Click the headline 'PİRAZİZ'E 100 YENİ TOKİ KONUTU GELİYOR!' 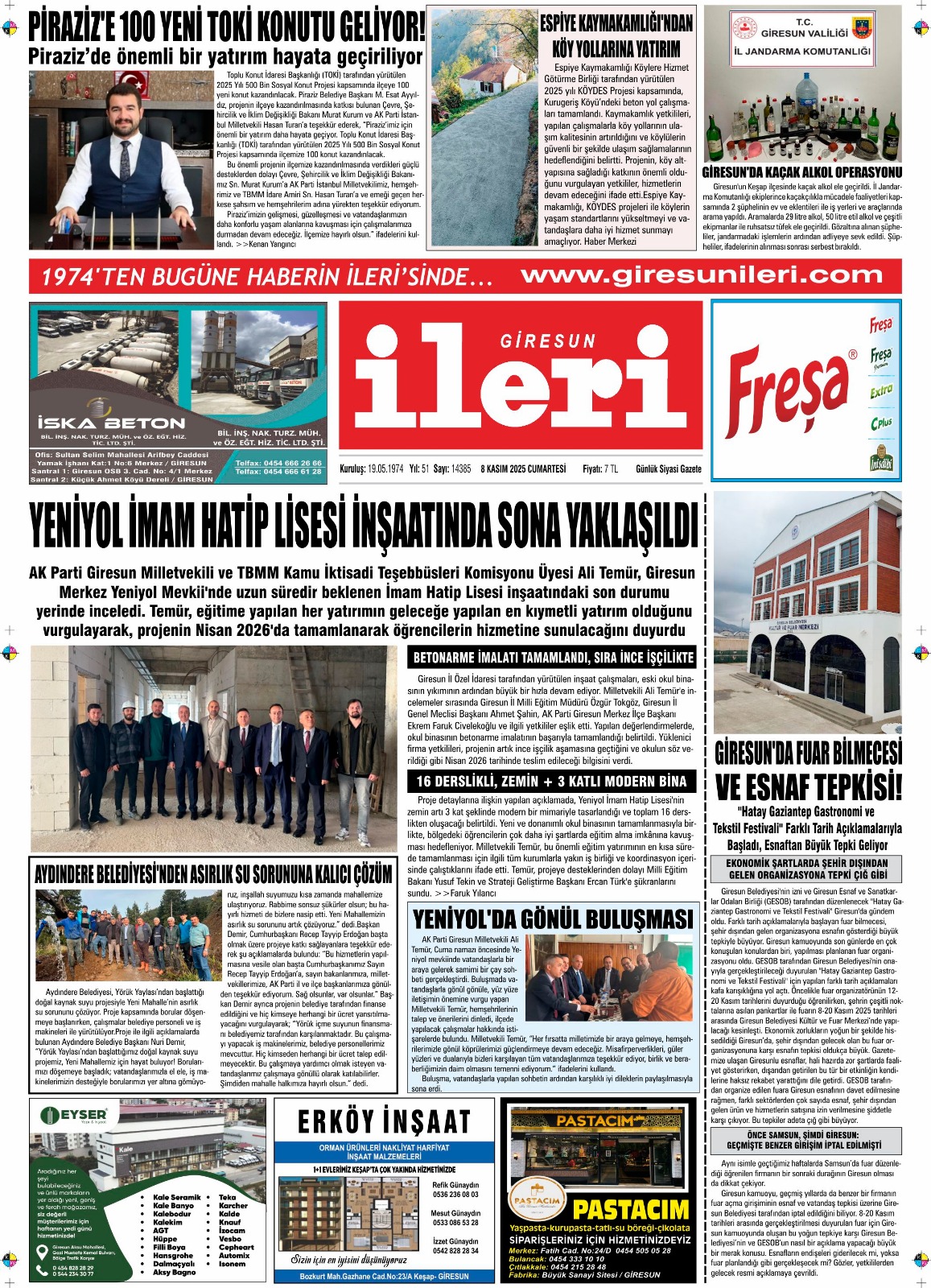point(226,28)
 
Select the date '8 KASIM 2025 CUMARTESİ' point(523,469)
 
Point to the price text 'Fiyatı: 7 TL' point(600,469)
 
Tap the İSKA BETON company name point(111,423)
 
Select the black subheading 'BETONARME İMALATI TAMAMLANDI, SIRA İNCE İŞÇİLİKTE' point(553,657)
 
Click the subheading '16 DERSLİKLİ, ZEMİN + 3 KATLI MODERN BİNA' point(552,781)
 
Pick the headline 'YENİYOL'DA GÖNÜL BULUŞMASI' point(552,919)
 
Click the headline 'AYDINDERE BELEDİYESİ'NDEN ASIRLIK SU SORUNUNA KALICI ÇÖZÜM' point(213,874)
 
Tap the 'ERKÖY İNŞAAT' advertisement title point(384,1121)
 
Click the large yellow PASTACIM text point(631,1209)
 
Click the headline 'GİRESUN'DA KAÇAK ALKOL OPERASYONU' point(802,172)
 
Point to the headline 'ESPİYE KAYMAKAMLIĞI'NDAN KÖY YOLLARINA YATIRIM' point(616,36)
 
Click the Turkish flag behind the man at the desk point(135,81)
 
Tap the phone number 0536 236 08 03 point(455,1195)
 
